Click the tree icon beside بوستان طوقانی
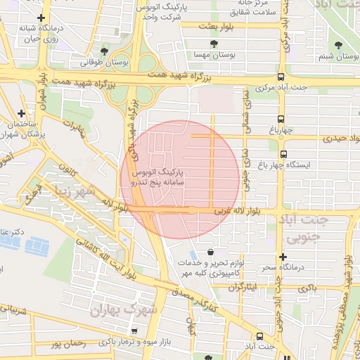105,51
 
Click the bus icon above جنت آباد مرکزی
281,77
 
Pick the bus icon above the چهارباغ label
281,119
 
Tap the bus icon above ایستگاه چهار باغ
283,154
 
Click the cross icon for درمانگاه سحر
283,257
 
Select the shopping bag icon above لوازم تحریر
211,251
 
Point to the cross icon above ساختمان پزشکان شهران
22,112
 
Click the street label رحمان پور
67,345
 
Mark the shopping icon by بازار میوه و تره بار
134,330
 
